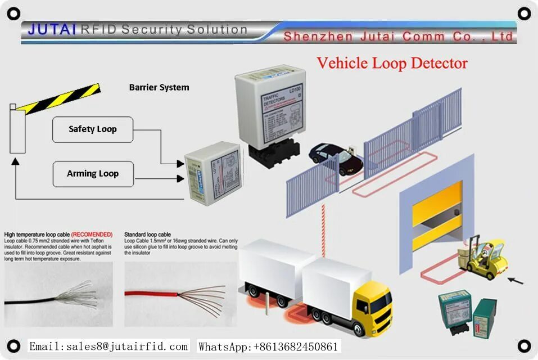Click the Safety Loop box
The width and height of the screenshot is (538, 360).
pos(93,129)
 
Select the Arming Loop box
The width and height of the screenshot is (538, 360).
pos(93,174)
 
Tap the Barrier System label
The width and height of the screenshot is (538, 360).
pos(159,87)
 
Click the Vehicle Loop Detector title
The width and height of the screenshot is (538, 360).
pos(392,63)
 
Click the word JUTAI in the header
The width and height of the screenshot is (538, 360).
pos(52,29)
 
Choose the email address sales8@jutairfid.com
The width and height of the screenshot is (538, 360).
pos(108,346)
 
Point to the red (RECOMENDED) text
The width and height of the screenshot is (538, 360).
pos(92,234)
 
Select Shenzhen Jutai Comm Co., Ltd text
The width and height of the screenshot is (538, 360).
pos(398,37)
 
